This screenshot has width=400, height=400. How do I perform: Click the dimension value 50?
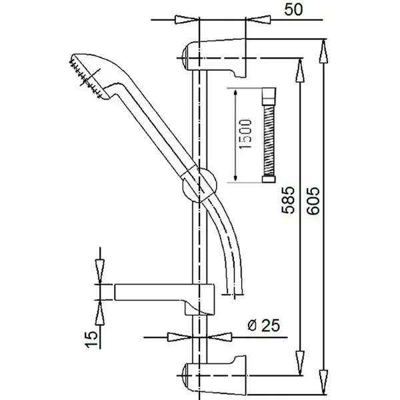pos(293,10)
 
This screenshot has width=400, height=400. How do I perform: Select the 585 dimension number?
pos(288,200)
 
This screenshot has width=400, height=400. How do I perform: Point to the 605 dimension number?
pos(313,201)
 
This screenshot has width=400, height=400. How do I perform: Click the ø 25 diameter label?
pos(263,325)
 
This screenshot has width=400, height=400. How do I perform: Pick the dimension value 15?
pos(91,339)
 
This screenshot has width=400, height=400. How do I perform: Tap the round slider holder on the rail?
pos(199,185)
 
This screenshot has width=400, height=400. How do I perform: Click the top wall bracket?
pos(214,58)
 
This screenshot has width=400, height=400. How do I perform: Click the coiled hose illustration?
pos(269,135)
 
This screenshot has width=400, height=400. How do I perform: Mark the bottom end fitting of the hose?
pos(269,179)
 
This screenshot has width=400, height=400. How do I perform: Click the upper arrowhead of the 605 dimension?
pos(323,51)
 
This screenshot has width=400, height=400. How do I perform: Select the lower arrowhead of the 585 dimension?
pos(300,363)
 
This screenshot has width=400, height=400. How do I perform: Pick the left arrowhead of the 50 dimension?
pos(187,19)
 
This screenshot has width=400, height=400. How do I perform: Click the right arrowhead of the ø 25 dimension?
pos(219,337)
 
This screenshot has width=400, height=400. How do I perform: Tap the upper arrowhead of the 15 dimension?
pos(100,272)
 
